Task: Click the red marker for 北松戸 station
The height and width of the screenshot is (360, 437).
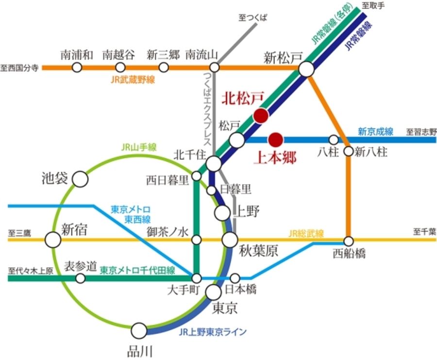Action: [261, 116]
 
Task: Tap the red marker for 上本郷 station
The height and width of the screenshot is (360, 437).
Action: [276, 140]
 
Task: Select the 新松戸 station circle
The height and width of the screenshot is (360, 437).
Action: [306, 69]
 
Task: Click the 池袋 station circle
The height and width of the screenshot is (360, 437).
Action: [80, 179]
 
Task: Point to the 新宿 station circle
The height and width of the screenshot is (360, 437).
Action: [52, 240]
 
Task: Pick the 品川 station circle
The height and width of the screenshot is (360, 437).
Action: [139, 331]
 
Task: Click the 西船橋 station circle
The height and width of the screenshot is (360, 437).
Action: [349, 240]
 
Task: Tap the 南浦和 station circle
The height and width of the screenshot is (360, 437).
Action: [77, 68]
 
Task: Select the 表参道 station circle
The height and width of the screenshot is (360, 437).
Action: [81, 278]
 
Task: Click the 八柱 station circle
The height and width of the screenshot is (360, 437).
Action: [334, 140]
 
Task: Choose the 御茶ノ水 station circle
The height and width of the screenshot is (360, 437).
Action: [197, 240]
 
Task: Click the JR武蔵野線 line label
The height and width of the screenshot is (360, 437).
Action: [133, 80]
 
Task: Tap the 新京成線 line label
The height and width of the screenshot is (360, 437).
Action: [375, 131]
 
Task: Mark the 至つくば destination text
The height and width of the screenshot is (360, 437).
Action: [253, 17]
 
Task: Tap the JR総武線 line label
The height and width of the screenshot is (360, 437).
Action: [306, 233]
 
